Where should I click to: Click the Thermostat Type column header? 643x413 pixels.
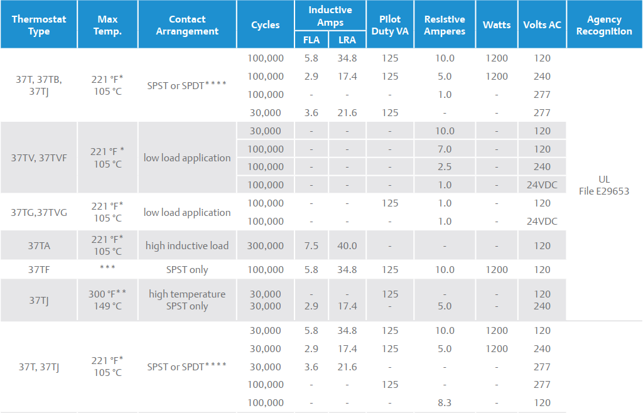pyautogui.click(x=38, y=25)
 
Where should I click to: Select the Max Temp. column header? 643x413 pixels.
pyautogui.click(x=108, y=25)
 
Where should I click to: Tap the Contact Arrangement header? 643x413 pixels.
pyautogui.click(x=187, y=25)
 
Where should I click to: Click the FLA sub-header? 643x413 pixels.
pyautogui.click(x=311, y=40)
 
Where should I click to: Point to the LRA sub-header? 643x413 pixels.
pyautogui.click(x=347, y=40)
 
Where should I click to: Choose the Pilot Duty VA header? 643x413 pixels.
pyautogui.click(x=390, y=25)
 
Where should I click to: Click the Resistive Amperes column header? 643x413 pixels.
pyautogui.click(x=445, y=25)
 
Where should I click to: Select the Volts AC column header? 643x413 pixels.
pyautogui.click(x=542, y=25)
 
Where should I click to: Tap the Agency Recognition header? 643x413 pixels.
pyautogui.click(x=604, y=25)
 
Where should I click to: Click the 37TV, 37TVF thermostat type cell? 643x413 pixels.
pyautogui.click(x=39, y=158)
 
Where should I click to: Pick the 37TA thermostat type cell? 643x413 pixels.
pyautogui.click(x=39, y=245)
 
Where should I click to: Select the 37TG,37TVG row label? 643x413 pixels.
pyautogui.click(x=39, y=212)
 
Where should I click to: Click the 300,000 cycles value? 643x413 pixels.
pyautogui.click(x=266, y=246)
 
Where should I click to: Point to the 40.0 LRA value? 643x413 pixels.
pyautogui.click(x=347, y=246)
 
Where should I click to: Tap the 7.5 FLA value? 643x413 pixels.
pyautogui.click(x=311, y=246)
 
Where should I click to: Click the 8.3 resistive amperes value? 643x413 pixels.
pyautogui.click(x=445, y=403)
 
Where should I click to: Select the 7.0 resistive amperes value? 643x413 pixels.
pyautogui.click(x=445, y=149)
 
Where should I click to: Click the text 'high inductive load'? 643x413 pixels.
pyautogui.click(x=187, y=246)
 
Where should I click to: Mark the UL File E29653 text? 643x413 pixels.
pyautogui.click(x=604, y=185)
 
